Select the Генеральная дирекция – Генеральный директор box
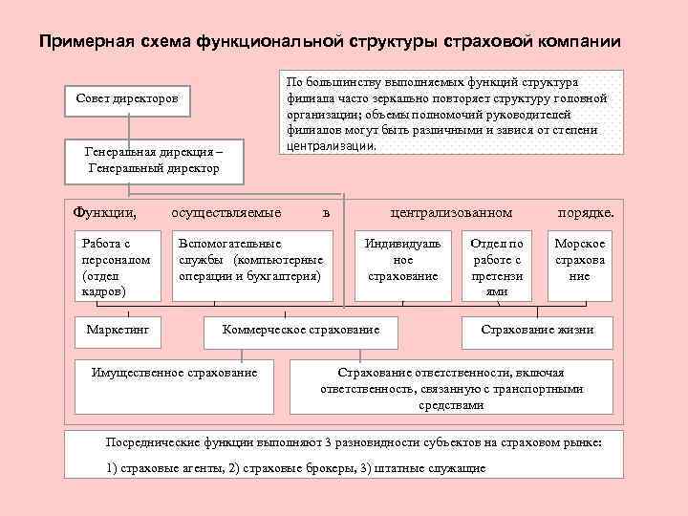153,160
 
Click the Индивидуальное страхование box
402,260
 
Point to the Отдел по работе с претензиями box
497,267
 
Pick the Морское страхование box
580,260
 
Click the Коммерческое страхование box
301,330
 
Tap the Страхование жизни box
536,330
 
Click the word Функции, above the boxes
104,211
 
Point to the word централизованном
452,211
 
